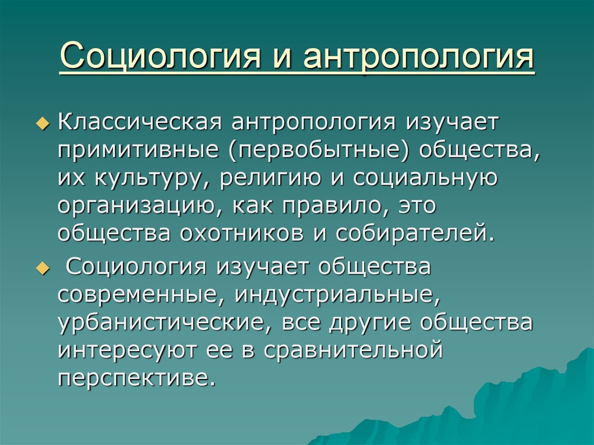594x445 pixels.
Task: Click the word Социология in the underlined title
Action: tap(161, 56)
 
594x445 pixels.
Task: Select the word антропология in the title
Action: tap(418, 56)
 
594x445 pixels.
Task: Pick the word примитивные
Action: tap(138, 150)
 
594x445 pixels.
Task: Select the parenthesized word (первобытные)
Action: tap(320, 150)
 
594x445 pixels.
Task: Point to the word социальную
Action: tap(425, 179)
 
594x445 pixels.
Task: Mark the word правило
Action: tap(333, 207)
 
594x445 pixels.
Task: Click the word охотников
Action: tap(241, 234)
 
